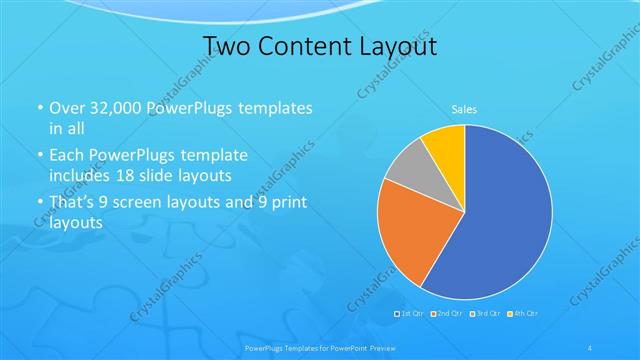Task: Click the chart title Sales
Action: click(463, 108)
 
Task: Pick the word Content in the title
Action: click(299, 46)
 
